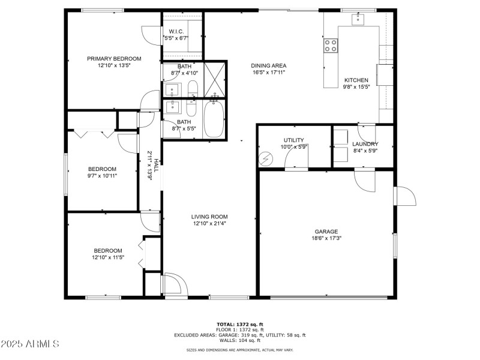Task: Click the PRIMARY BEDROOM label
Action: [114, 59]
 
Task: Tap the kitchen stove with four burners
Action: [331, 45]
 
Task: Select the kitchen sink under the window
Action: [359, 19]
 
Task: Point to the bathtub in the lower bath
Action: [213, 119]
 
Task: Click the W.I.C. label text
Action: [176, 31]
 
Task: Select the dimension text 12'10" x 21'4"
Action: [209, 224]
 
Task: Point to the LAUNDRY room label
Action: [365, 144]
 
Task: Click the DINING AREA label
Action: [268, 65]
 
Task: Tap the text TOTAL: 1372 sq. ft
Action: [239, 324]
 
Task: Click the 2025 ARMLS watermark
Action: [30, 344]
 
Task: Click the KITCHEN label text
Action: [356, 80]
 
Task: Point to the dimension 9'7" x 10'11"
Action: [102, 176]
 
